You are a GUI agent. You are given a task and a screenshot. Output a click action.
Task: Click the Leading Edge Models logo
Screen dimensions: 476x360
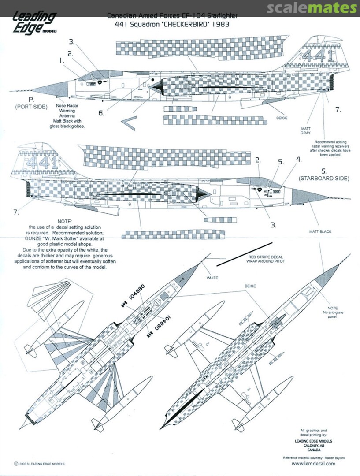[x=33, y=22]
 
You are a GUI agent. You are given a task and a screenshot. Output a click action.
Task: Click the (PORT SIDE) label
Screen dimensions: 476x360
[x=31, y=107]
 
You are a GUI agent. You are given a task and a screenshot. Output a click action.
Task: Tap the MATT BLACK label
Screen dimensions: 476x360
[x=320, y=231]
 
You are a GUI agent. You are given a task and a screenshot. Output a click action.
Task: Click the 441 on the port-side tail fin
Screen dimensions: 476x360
[x=313, y=56]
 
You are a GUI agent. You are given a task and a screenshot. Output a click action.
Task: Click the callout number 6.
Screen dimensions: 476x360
[x=101, y=113]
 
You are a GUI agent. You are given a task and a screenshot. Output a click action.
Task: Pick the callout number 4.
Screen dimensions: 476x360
[x=299, y=159]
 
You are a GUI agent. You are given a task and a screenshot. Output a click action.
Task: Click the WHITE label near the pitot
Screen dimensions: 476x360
[x=212, y=278]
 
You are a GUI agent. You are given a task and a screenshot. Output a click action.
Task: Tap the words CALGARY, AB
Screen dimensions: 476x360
[x=314, y=445]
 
